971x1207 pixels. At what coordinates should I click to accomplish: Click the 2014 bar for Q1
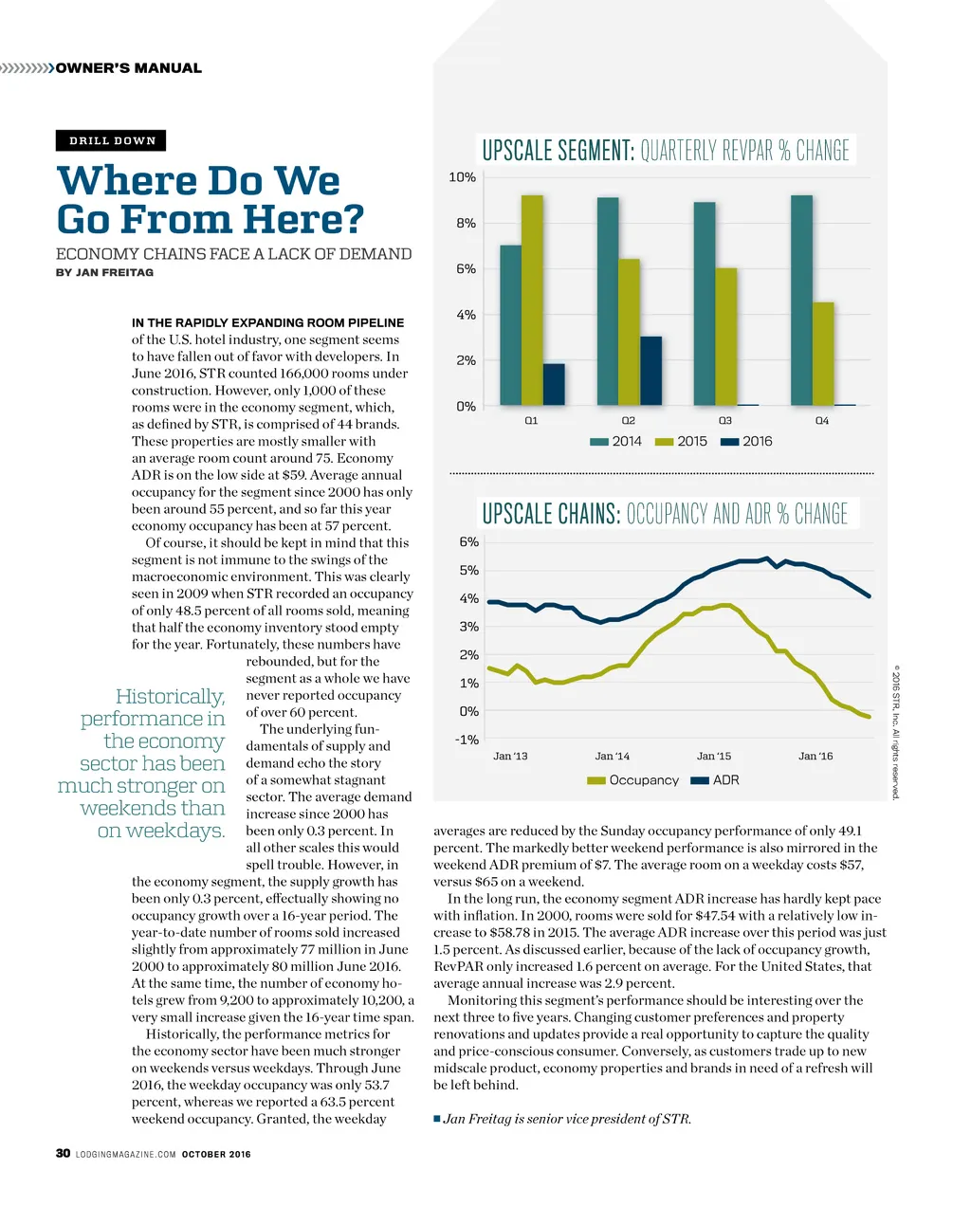[x=510, y=325]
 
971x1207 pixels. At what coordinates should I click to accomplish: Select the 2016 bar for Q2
[x=650, y=371]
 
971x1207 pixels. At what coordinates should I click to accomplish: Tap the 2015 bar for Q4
[x=823, y=354]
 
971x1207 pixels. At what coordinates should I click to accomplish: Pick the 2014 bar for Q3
[x=704, y=303]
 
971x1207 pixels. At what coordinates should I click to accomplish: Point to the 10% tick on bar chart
[x=462, y=177]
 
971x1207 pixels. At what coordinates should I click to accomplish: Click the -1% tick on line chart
[x=466, y=740]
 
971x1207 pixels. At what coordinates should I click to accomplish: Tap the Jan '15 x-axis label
[x=714, y=756]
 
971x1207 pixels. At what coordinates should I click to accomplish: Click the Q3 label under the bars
[x=724, y=420]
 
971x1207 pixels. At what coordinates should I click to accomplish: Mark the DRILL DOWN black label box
[x=112, y=140]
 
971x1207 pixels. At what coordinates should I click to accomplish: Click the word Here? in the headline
[x=303, y=219]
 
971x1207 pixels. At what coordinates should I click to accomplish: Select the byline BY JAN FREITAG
[x=104, y=272]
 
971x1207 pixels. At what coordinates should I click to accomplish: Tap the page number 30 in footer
[x=63, y=1153]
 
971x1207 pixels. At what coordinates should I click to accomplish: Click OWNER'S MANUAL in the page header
[x=128, y=68]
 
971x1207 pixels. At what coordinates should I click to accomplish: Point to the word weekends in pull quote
[x=153, y=808]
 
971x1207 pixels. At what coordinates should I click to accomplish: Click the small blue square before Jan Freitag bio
[x=437, y=1119]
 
